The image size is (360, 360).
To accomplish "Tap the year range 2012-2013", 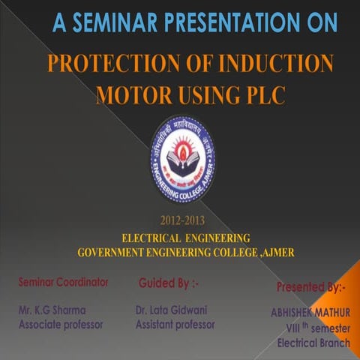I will [x=181, y=220].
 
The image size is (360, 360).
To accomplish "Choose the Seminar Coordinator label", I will [x=64, y=282].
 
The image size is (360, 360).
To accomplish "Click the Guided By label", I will [x=169, y=283].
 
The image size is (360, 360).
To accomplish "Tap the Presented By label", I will [x=311, y=286].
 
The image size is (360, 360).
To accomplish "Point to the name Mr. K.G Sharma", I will [x=52, y=309].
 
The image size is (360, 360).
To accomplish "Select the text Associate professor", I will [x=61, y=325].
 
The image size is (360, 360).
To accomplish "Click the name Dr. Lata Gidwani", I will [x=171, y=309].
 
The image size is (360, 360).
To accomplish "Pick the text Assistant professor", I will [x=175, y=325].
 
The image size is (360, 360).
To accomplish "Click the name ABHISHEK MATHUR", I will [x=310, y=313].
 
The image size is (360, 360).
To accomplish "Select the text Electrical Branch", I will [x=313, y=343].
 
